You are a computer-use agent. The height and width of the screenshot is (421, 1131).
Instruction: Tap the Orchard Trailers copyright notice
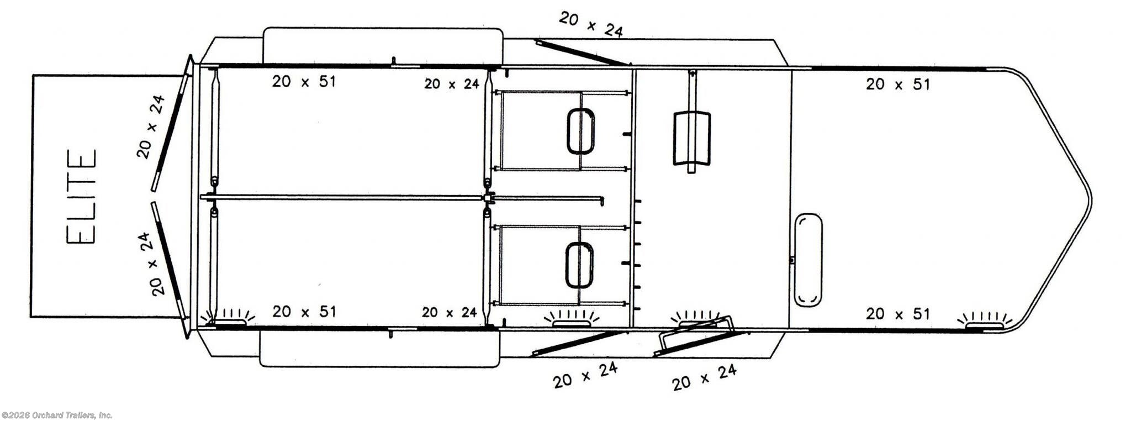(x=57, y=415)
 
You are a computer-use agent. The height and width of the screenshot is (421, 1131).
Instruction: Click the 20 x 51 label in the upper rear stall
(x=304, y=82)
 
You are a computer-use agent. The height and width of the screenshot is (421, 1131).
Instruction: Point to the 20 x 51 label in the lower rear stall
(x=304, y=312)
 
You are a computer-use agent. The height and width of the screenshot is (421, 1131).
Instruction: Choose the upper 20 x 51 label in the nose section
(x=897, y=85)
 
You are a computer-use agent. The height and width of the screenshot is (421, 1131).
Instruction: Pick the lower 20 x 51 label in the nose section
(x=897, y=314)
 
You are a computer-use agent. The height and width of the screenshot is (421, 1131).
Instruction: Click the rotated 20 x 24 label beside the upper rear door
(x=151, y=127)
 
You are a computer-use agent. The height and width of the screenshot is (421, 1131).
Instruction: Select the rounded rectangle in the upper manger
(x=580, y=131)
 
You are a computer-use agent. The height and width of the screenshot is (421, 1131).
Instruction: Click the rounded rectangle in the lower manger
(x=579, y=265)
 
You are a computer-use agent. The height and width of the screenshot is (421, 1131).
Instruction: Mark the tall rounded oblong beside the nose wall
(x=808, y=260)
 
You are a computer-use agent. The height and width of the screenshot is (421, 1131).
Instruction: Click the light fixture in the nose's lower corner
(x=984, y=323)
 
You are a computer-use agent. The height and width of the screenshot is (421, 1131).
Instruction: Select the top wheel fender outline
(x=383, y=45)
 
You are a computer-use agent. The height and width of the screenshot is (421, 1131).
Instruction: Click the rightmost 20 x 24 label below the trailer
(x=704, y=377)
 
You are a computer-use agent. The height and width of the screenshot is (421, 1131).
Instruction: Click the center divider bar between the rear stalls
(x=342, y=197)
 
